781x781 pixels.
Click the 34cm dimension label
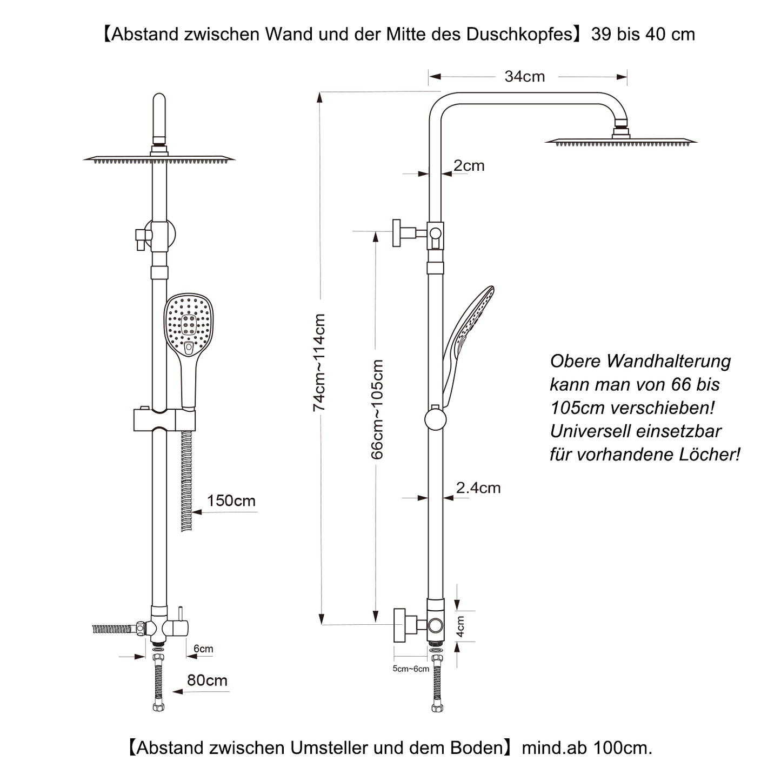pyautogui.click(x=524, y=77)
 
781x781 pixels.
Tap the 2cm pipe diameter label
pyautogui.click(x=469, y=165)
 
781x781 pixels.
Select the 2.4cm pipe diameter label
pyautogui.click(x=478, y=488)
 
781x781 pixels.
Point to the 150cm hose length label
pyautogui.click(x=231, y=501)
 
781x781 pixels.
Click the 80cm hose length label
pyautogui.click(x=207, y=680)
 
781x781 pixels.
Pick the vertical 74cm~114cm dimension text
pyautogui.click(x=319, y=362)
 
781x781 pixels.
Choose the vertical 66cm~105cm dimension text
pyautogui.click(x=377, y=409)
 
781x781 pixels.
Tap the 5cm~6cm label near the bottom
pyautogui.click(x=411, y=669)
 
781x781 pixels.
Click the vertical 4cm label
pyautogui.click(x=460, y=627)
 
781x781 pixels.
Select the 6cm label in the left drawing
pyautogui.click(x=203, y=649)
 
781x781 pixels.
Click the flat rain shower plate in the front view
pyautogui.click(x=159, y=159)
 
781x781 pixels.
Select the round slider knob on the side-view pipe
pyautogui.click(x=436, y=419)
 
